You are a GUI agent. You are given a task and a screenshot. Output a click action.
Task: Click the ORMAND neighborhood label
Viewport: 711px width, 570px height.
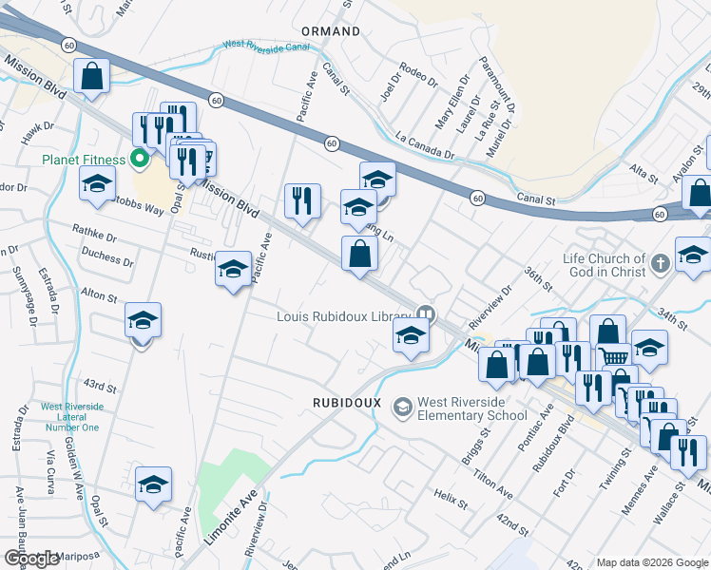(x=331, y=31)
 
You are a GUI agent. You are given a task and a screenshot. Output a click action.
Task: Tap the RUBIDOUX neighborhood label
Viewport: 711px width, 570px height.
(x=347, y=403)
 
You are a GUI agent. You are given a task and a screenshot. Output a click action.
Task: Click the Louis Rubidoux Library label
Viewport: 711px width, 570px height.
(x=343, y=316)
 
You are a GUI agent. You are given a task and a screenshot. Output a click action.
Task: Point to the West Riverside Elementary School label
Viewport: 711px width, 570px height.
(x=471, y=408)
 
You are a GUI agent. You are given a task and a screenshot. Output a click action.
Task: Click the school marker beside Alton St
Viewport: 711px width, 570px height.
(x=143, y=321)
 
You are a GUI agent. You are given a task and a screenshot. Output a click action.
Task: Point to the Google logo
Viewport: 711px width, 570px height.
(x=31, y=560)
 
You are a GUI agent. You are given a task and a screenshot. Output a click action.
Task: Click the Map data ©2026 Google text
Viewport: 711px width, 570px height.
(x=651, y=562)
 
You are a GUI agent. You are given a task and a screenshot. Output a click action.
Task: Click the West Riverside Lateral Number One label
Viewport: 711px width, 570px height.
(x=69, y=417)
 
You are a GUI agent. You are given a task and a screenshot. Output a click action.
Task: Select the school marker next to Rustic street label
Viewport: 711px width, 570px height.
(x=232, y=270)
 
